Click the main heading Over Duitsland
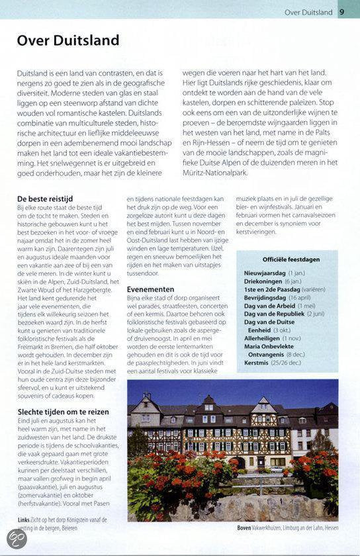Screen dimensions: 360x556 pos(68,40)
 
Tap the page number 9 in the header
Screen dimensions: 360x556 pos(341,11)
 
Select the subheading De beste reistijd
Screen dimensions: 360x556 pos(45,199)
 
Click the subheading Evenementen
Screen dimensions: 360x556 pos(151,289)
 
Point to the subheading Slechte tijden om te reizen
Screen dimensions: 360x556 pos(64,412)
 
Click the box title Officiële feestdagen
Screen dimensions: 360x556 pos(291,259)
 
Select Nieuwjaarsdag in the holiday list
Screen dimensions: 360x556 pos(265,273)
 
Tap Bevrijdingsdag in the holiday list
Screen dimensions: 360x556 pos(265,298)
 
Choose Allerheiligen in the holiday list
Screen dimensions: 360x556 pos(263,338)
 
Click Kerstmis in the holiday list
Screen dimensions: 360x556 pos(256,362)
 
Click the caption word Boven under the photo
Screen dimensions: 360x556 pos(244,528)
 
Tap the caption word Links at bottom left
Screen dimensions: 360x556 pos(24,520)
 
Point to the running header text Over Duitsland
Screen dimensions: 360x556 pos(308,12)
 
